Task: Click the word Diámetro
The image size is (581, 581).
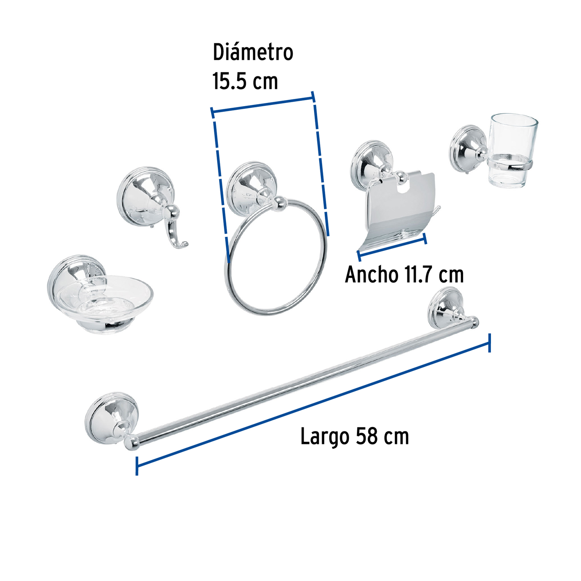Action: coord(253,52)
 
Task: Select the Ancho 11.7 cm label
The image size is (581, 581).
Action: coord(404,275)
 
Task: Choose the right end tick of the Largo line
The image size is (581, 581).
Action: coord(489,343)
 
